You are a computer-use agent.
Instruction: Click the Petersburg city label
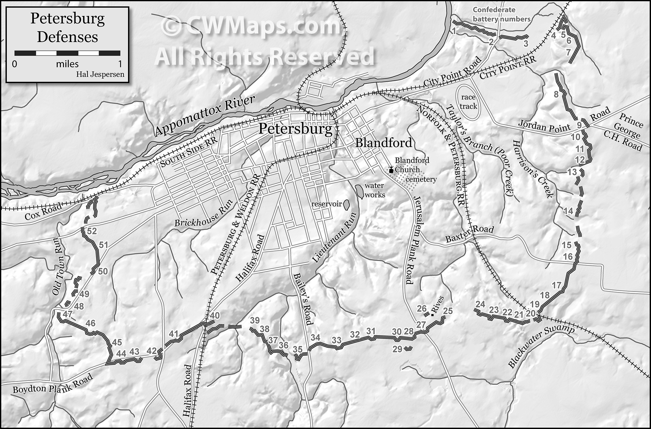pyautogui.click(x=295, y=129)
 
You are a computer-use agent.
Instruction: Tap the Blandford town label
pyautogui.click(x=383, y=143)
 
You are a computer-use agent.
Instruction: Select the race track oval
pyautogui.click(x=468, y=102)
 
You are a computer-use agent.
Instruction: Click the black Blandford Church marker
pyautogui.click(x=391, y=170)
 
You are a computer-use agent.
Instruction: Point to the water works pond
pyautogui.click(x=360, y=192)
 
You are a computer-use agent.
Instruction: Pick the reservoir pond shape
pyautogui.click(x=347, y=204)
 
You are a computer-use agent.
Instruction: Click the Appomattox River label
pyautogui.click(x=205, y=116)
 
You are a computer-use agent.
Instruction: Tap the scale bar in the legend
pyautogui.click(x=67, y=53)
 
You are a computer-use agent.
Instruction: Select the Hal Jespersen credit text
pyautogui.click(x=100, y=74)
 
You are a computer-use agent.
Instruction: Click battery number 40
pyautogui.click(x=215, y=316)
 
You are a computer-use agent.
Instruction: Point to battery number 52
pyautogui.click(x=92, y=231)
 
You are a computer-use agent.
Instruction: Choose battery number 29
pyautogui.click(x=397, y=349)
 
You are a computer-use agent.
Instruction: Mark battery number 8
pyautogui.click(x=556, y=94)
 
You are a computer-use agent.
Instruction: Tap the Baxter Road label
pyautogui.click(x=469, y=234)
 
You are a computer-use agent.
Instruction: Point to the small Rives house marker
pyautogui.click(x=432, y=315)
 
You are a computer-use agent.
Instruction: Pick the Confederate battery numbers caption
pyautogui.click(x=501, y=14)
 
